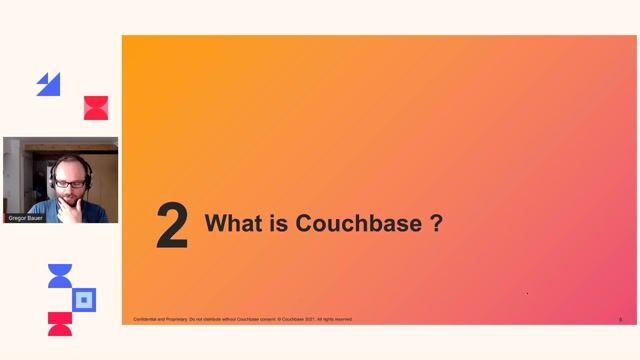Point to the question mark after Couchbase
tap(436, 223)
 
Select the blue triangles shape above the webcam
tap(48, 85)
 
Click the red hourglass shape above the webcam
tap(95, 108)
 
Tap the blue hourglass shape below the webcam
tap(60, 277)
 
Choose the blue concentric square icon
tap(84, 299)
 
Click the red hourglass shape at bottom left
tap(60, 323)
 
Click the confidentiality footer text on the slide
tap(242, 319)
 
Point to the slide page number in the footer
tap(620, 319)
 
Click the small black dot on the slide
tap(527, 293)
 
